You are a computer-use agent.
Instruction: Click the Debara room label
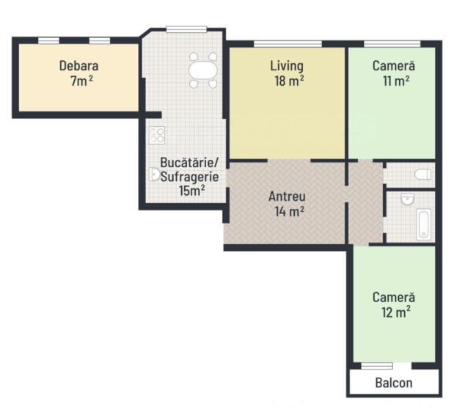coord(78,66)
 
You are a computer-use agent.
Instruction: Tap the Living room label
coord(287,66)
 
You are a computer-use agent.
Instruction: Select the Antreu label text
coord(287,197)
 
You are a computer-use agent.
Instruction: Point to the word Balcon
coord(394,383)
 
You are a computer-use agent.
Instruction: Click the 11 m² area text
coord(396,81)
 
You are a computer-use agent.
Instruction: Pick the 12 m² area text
coord(396,312)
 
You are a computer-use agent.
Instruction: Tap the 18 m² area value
coord(289,81)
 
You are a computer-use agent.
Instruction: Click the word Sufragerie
coord(189,177)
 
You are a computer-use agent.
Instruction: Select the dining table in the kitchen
coord(203,70)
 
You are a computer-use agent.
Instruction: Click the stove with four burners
coord(157,135)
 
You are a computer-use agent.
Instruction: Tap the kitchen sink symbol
coord(155,175)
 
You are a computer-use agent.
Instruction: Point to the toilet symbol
coord(422,175)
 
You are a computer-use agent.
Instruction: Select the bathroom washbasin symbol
coord(407,199)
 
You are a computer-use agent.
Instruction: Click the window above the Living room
coord(288,44)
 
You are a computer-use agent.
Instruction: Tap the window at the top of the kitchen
coord(186,29)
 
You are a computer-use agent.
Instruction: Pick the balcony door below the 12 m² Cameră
coord(377,366)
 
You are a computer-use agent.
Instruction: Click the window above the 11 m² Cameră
coord(392,44)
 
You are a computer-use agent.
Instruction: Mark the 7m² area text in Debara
coord(81,81)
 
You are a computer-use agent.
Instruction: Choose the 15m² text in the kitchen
coord(192,191)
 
